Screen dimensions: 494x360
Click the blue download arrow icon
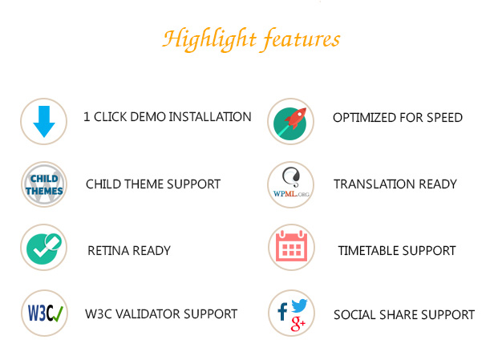(44, 122)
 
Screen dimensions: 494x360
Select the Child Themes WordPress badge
(44, 184)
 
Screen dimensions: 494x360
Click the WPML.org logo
(291, 184)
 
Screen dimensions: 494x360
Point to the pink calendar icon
(291, 246)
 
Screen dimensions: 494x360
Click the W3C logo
(45, 313)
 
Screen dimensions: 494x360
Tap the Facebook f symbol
(282, 312)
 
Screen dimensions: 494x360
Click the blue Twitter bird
(299, 305)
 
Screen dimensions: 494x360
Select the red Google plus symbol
(298, 323)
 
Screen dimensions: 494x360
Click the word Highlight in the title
(209, 39)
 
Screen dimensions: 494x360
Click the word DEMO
(148, 117)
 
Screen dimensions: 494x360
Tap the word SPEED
(444, 118)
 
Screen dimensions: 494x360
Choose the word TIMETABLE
(367, 251)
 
